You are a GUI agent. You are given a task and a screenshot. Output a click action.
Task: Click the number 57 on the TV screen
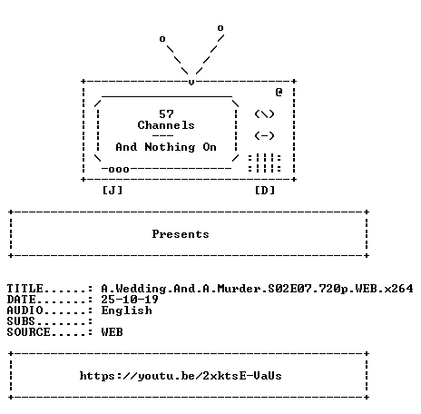pos(166,114)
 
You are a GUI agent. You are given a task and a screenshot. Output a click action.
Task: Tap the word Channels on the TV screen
pos(166,125)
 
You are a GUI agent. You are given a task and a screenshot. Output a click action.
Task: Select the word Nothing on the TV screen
pos(170,147)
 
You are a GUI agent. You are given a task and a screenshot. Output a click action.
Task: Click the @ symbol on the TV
pos(279,92)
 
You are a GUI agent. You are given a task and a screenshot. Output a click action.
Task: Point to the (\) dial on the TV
pos(264,114)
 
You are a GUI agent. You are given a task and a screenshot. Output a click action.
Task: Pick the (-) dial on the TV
pos(264,135)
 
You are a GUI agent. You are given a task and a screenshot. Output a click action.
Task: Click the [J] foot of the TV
pos(113,191)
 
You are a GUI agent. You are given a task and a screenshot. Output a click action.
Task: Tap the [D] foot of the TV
pos(265,191)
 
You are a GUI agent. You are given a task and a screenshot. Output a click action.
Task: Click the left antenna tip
pos(162,39)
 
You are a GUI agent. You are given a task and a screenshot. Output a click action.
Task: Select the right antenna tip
pos(220,28)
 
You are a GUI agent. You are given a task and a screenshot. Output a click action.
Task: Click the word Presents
pos(181,234)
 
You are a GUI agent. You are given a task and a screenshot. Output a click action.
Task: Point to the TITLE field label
pos(24,289)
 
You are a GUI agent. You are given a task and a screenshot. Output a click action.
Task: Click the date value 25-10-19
pos(130,300)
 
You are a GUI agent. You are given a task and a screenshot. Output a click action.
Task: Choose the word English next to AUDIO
pos(127,310)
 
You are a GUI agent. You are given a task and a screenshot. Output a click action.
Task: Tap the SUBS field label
pos(21,321)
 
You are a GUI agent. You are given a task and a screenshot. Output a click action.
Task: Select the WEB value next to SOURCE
pos(113,332)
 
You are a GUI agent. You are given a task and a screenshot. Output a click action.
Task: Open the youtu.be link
pos(181,376)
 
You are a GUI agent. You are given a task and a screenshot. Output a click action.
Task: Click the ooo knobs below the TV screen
pos(119,170)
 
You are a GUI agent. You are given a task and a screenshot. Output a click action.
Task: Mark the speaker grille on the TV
pos(265,163)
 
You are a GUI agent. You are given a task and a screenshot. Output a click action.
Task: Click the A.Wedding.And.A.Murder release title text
pos(257,289)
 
